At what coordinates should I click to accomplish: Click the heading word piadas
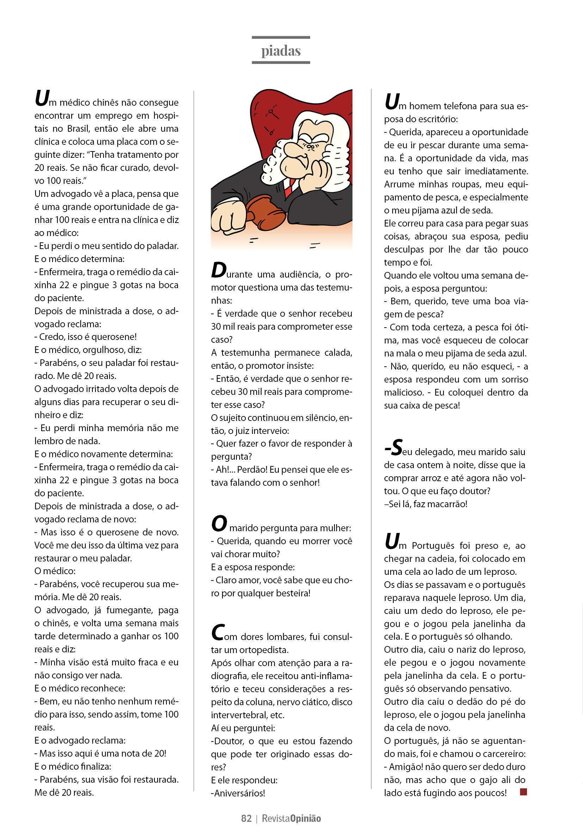tap(281, 51)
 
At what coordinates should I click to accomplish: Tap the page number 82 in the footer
tap(246, 818)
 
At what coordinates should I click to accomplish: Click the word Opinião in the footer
tap(305, 818)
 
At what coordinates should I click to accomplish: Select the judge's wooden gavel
tap(262, 212)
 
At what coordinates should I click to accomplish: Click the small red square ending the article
tap(523, 792)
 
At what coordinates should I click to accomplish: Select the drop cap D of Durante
tap(219, 270)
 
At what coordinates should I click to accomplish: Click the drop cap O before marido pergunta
tap(219, 524)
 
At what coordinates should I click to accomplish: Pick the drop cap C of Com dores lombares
tap(217, 632)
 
